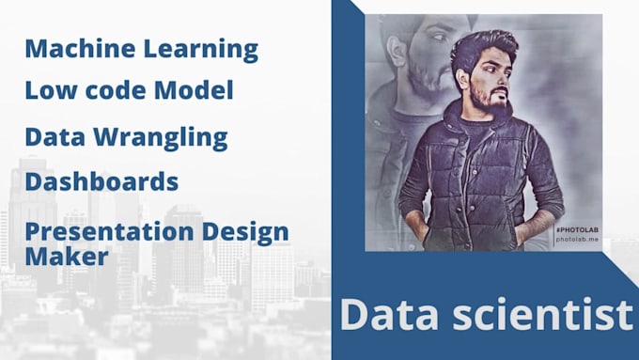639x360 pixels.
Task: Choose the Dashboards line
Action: pos(101,180)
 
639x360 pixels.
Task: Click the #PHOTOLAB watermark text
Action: pos(575,229)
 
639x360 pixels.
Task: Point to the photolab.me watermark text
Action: pos(576,240)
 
